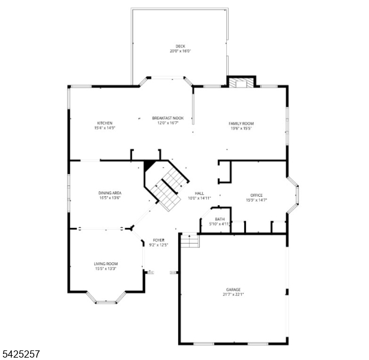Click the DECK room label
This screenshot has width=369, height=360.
[x=180, y=46]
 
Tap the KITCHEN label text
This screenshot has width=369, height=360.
[x=104, y=123]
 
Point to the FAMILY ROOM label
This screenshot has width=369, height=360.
[x=241, y=123]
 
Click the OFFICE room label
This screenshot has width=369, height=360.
[x=256, y=195]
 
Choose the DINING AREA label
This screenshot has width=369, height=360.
[x=110, y=193]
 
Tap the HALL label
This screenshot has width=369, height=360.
[x=199, y=193]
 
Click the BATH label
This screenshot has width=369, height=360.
[x=220, y=219]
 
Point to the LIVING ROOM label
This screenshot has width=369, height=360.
[x=106, y=263]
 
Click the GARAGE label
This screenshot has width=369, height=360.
[x=234, y=290]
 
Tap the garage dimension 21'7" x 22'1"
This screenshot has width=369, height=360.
[x=234, y=295]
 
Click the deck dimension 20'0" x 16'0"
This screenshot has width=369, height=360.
[x=180, y=51]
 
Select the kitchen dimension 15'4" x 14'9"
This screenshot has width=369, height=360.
[x=104, y=128]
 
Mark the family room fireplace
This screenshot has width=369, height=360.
[x=241, y=82]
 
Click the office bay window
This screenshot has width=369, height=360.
[x=294, y=194]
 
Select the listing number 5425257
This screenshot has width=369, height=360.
[x=21, y=354]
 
